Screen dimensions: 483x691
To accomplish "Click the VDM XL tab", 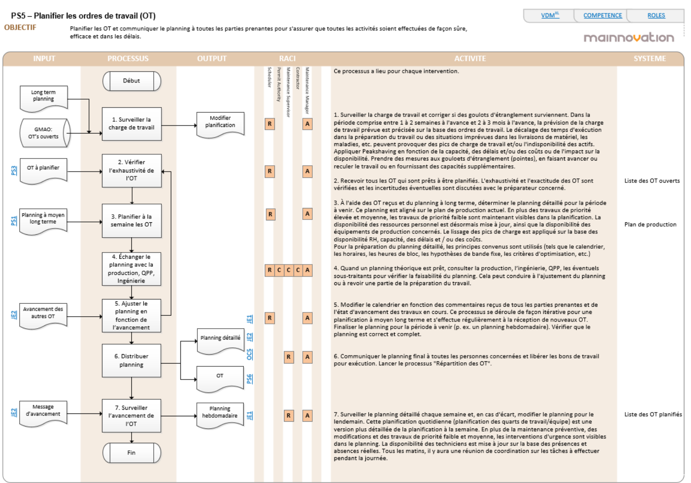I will point(550,15).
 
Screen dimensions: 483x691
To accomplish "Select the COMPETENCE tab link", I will point(602,15).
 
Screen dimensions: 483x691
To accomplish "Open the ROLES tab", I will point(656,15).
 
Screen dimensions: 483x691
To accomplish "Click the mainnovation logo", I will point(629,38).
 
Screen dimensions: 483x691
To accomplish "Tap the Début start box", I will point(132,81).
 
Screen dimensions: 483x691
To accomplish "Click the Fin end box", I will point(132,453).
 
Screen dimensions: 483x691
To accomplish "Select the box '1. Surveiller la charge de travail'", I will point(132,124).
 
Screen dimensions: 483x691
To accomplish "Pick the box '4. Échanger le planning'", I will point(132,269).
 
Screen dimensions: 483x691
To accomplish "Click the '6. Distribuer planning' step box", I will point(132,360).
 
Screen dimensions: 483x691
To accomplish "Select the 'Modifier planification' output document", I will point(220,123).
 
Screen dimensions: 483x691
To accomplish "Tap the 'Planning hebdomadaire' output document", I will point(220,413).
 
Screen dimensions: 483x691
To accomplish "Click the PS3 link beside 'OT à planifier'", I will point(14,171).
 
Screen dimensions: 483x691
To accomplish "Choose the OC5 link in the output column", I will point(249,355).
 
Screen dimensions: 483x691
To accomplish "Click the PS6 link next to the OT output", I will point(249,379).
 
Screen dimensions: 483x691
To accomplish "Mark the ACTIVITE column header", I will point(470,58).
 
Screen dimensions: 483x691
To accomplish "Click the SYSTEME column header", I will point(650,58).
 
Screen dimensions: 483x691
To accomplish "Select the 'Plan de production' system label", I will point(650,224).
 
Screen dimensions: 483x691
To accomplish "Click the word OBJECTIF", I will point(20,27).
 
